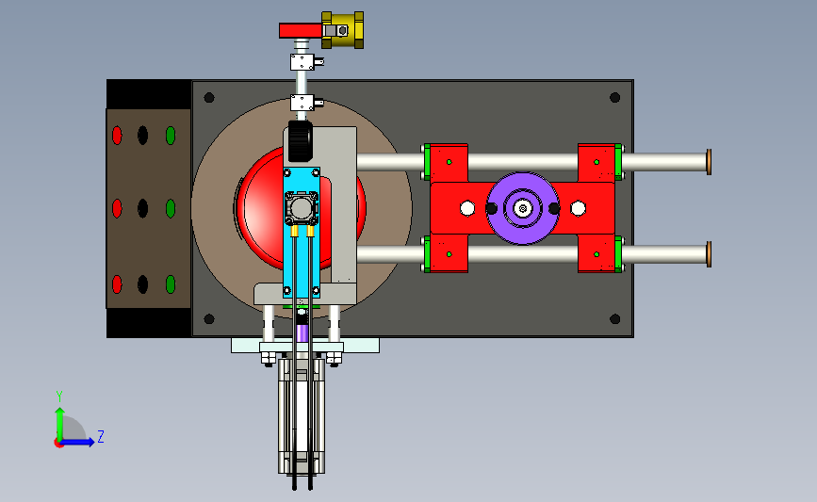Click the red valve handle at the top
coord(301,30)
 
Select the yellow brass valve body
coord(342,30)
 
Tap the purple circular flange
coord(523,208)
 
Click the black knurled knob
coord(300,140)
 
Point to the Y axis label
coord(59,397)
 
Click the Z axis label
coord(101,436)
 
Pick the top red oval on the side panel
coord(117,136)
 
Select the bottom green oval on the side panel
coord(171,284)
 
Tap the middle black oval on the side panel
coord(143,208)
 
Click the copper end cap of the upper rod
coord(709,162)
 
